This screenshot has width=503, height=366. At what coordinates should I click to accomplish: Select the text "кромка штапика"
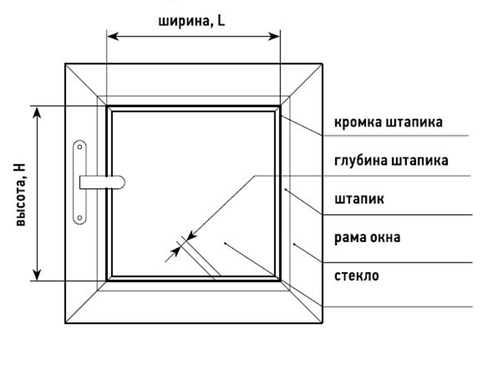coord(388,122)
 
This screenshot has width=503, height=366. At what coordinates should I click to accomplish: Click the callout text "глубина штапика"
coord(391,160)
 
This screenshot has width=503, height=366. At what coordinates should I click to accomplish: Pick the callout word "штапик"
coord(359,199)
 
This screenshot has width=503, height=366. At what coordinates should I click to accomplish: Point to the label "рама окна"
coord(367,237)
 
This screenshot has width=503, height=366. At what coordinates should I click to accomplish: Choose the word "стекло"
coord(356,276)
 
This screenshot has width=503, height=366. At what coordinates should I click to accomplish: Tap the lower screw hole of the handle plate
coord(80,217)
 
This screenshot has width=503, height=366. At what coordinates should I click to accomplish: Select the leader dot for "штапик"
coord(287,189)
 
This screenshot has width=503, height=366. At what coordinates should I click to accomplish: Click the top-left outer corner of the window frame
coord(65,64)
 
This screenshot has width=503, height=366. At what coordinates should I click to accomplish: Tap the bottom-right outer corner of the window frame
coord(322,323)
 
